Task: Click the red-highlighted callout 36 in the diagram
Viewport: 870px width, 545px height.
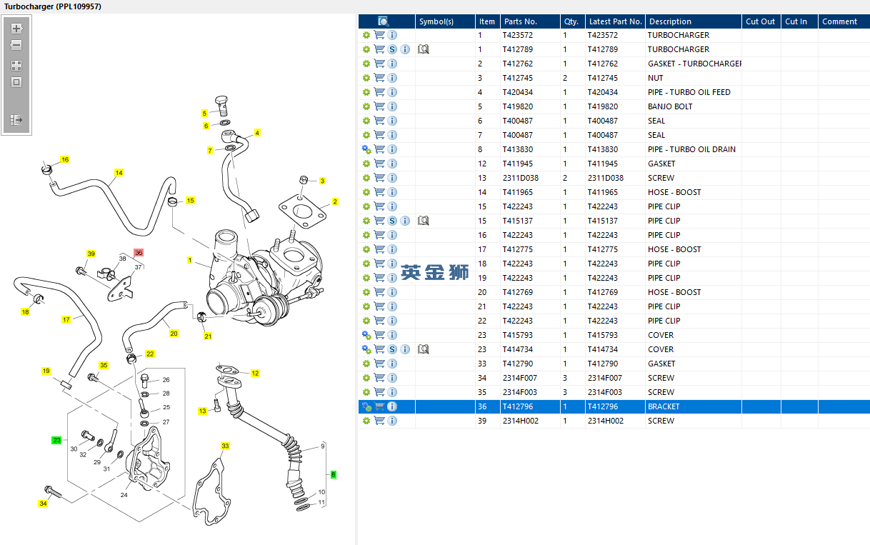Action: (x=139, y=252)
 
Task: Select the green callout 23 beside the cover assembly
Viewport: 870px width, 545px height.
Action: (x=56, y=440)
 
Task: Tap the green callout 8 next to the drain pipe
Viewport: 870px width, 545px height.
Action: (x=334, y=474)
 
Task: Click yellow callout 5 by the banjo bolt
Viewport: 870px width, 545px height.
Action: (x=204, y=113)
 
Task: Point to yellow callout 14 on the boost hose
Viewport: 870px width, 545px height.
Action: (x=119, y=172)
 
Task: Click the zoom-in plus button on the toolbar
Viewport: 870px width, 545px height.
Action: (x=16, y=29)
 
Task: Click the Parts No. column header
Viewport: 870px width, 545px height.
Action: (x=521, y=21)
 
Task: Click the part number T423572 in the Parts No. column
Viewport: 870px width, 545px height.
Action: (x=517, y=35)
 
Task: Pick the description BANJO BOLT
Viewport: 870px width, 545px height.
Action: (x=670, y=106)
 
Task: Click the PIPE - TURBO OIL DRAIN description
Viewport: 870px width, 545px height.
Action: (x=691, y=149)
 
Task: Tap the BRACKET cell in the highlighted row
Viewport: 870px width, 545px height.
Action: (x=664, y=406)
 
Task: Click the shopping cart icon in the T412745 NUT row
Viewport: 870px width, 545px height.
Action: (x=379, y=78)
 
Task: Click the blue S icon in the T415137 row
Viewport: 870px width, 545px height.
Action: (x=392, y=221)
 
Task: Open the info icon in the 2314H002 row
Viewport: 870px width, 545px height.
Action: (x=392, y=421)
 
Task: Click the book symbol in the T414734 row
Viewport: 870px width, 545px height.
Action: (x=423, y=349)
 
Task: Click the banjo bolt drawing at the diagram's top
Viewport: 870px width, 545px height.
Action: (x=221, y=105)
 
